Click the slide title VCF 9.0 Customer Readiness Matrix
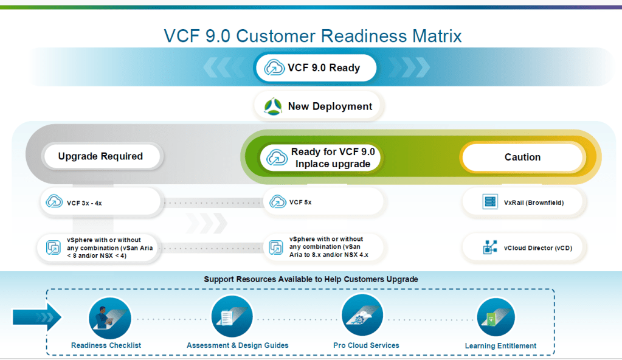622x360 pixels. [313, 35]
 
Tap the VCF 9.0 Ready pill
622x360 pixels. [316, 67]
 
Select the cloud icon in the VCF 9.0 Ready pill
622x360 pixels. [275, 67]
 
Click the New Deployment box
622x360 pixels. [318, 106]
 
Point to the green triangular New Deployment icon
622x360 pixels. [272, 106]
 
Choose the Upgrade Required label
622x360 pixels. [101, 156]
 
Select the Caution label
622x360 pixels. [522, 157]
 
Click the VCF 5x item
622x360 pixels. [323, 202]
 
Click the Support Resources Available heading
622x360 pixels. [311, 279]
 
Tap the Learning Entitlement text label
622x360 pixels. [500, 346]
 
